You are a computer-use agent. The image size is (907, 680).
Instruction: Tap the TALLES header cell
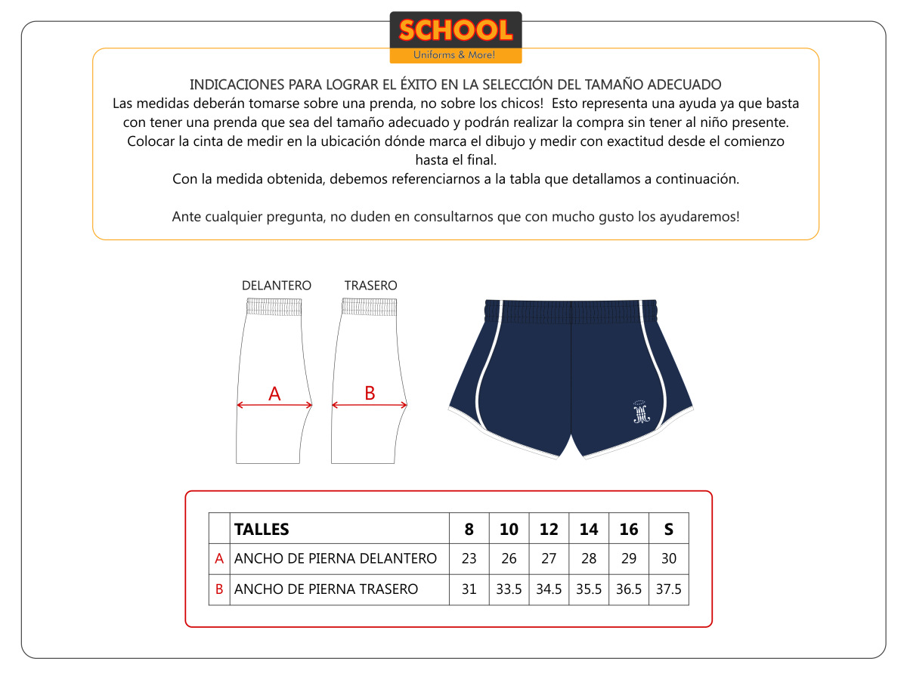point(262,529)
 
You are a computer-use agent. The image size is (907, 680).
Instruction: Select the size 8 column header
point(469,529)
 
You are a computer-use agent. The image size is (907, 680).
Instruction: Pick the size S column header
point(668,529)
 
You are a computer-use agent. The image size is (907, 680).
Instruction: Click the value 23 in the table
point(469,559)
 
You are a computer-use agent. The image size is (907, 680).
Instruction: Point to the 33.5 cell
point(509,589)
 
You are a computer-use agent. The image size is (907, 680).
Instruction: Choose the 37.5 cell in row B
point(668,589)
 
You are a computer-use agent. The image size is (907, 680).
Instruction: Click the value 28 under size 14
point(589,559)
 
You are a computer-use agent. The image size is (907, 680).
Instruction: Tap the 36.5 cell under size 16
point(629,589)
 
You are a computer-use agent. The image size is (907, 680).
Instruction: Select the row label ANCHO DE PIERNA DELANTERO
point(336,559)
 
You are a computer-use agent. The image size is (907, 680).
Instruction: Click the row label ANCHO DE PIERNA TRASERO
point(326,589)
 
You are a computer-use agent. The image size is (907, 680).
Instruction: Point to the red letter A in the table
point(219,559)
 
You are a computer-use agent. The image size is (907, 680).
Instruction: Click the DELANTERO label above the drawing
point(276,286)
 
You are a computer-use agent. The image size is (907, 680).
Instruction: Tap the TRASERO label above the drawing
point(370,286)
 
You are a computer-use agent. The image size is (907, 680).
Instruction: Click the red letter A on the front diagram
point(274,394)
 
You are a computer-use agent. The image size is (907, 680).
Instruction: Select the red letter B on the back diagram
point(370,393)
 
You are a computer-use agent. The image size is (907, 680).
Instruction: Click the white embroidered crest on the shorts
point(641,411)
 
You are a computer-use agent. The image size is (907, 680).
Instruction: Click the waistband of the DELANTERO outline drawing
point(274,306)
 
